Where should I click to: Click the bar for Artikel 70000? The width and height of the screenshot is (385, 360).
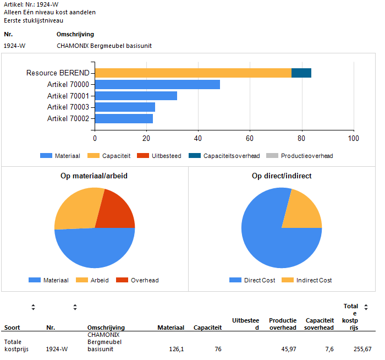(157, 84)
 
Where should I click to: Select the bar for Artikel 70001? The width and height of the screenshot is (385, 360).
(136, 96)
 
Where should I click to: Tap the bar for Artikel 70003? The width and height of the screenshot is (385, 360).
(125, 107)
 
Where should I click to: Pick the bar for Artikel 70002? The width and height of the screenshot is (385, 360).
(124, 118)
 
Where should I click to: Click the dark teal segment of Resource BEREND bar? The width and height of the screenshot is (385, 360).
(301, 73)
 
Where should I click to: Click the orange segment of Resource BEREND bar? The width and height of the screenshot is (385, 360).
(193, 73)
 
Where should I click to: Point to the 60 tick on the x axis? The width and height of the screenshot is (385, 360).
(250, 139)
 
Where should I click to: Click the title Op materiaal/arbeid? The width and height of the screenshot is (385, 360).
(95, 176)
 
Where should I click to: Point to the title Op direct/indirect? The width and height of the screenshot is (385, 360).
(281, 176)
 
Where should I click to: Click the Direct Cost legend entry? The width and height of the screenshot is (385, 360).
(252, 280)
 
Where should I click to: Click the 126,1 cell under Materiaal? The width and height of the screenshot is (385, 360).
(176, 349)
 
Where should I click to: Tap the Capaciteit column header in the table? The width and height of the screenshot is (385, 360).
(208, 328)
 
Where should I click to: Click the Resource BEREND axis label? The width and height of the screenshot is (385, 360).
(58, 73)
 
